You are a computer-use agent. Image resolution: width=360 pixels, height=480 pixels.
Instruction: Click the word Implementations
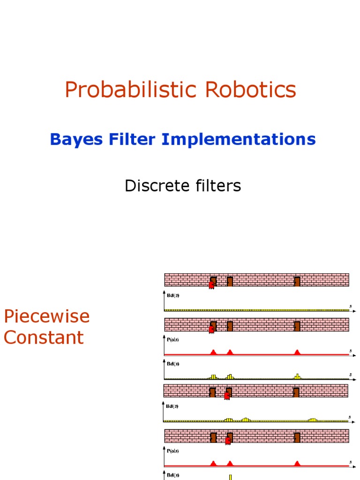coord(239,139)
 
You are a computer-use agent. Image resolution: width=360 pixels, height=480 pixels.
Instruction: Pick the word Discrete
coord(152,186)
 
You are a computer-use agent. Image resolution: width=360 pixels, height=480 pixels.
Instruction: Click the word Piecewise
coord(46,316)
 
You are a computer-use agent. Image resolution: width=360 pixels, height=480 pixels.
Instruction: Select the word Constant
coord(44,337)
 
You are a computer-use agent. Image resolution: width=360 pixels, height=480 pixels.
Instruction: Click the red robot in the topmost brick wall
coord(211,284)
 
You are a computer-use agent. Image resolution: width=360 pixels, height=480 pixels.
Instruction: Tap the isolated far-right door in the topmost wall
coord(297,281)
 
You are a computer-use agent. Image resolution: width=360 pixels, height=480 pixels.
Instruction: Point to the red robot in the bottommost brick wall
coord(228,441)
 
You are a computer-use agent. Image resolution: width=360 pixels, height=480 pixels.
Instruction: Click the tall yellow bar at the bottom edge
coord(231,477)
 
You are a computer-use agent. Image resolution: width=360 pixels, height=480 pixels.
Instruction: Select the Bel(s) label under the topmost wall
coord(173,296)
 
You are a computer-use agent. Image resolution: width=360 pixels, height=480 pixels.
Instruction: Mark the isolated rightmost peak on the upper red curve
coord(297,352)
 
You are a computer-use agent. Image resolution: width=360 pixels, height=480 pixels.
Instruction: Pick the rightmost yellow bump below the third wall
coord(313,420)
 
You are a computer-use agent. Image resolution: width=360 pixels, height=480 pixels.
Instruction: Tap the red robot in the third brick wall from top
coord(227,396)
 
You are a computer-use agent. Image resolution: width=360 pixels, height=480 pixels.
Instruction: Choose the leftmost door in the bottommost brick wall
coord(213,437)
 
